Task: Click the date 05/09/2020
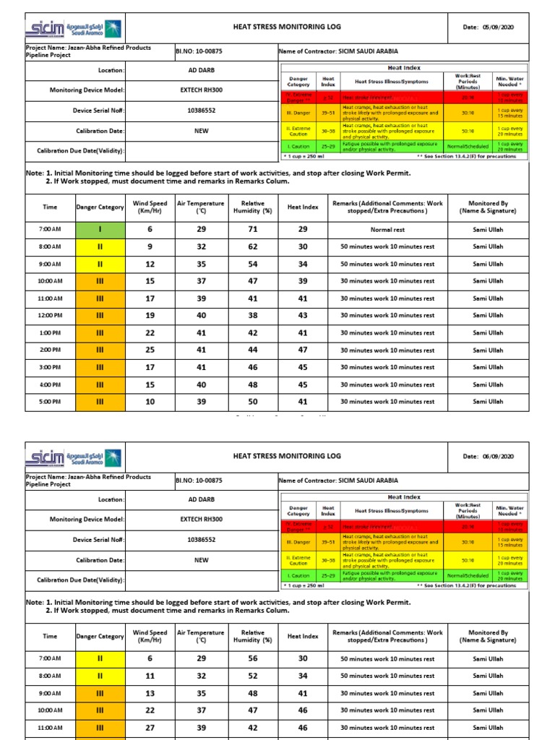tap(501, 27)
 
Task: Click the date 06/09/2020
tap(501, 457)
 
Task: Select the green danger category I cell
tap(100, 229)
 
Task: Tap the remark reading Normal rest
tap(387, 229)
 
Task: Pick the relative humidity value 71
tap(252, 229)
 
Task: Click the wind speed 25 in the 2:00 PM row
tap(150, 350)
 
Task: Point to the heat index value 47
tap(303, 350)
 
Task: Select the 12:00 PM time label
tap(50, 316)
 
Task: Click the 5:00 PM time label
tap(50, 402)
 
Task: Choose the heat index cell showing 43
tap(303, 316)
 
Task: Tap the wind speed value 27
tap(150, 728)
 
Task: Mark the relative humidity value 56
tap(252, 658)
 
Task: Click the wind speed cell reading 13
tap(150, 693)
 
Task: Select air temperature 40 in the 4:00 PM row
tap(201, 384)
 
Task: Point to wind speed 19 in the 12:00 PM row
tap(150, 316)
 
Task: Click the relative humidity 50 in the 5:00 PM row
tap(252, 402)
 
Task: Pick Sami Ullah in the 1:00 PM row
tap(488, 333)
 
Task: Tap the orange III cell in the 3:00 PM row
tap(100, 367)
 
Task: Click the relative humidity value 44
tap(252, 350)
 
